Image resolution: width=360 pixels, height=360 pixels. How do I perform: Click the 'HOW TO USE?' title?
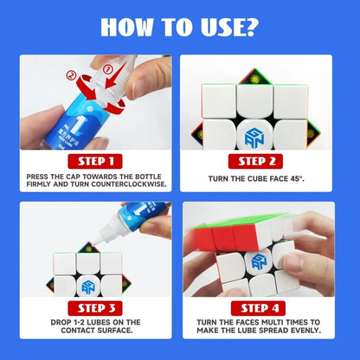(179, 27)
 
